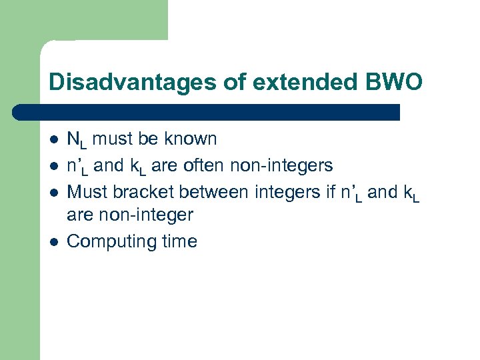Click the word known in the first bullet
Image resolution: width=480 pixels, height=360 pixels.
192,139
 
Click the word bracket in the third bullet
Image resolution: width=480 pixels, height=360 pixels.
137,192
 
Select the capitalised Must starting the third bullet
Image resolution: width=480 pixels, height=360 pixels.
88,192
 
